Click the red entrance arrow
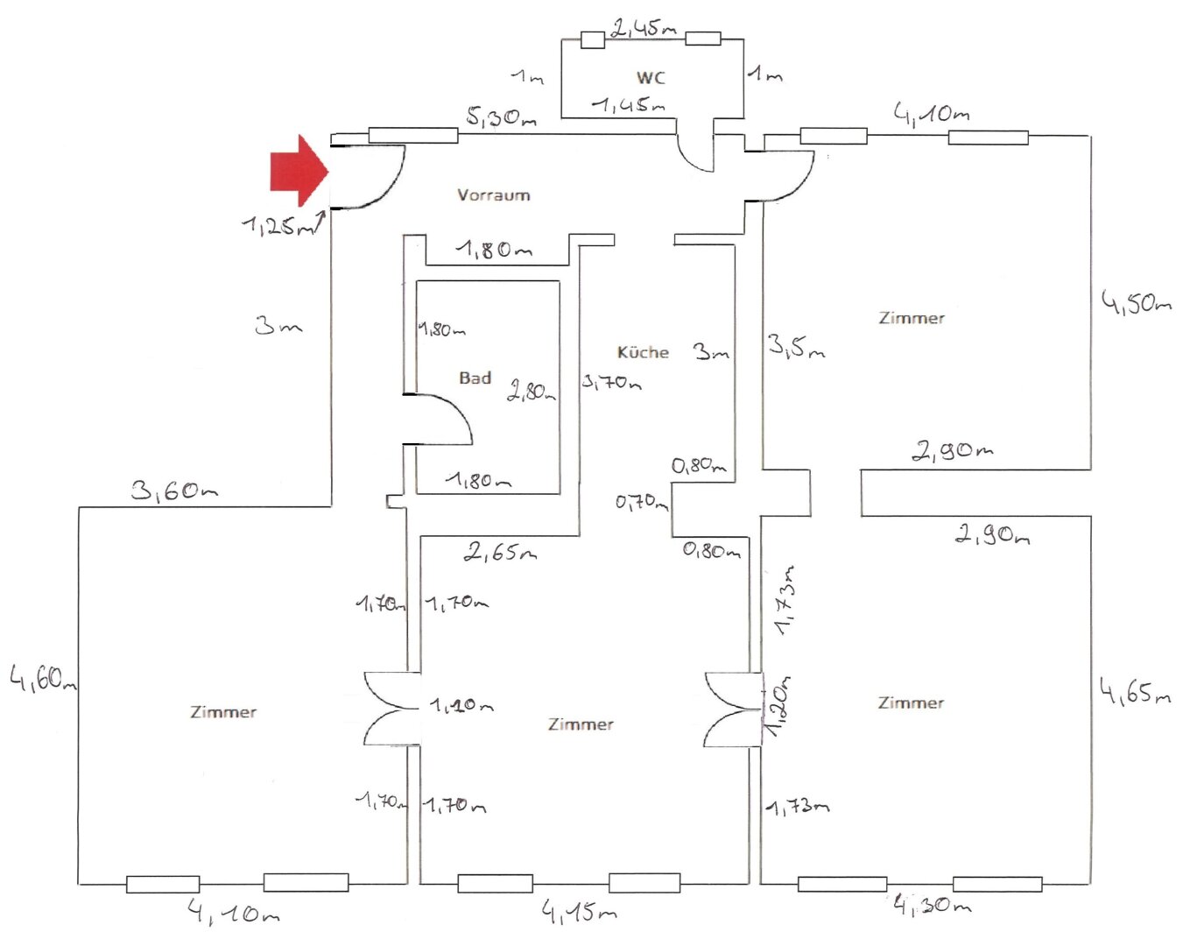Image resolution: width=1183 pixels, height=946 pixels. pos(298,171)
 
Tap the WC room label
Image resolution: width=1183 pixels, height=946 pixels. pos(651,77)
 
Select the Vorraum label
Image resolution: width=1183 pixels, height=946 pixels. pos(493,194)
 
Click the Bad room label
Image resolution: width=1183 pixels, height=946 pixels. pos(475,378)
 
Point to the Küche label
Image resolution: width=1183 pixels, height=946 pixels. pos(643,352)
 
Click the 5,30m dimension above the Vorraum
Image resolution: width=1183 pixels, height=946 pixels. pos(501,116)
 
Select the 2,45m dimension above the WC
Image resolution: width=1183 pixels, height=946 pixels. pos(644,27)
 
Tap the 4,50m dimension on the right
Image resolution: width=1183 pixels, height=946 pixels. pos(1136,303)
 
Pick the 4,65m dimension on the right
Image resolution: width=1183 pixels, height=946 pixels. pos(1135,692)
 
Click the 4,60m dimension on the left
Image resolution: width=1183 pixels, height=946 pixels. pos(42,677)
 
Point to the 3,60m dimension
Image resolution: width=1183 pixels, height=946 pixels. pos(174,490)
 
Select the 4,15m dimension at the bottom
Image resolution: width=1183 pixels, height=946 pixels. pos(579,913)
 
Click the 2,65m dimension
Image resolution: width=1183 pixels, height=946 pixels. pos(500,551)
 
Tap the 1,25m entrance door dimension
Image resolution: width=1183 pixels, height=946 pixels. pos(278,226)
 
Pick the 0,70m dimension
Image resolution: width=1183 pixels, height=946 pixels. pos(641,502)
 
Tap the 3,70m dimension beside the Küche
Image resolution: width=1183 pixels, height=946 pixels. pos(611,382)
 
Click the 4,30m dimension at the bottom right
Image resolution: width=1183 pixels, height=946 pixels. pos(932,905)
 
